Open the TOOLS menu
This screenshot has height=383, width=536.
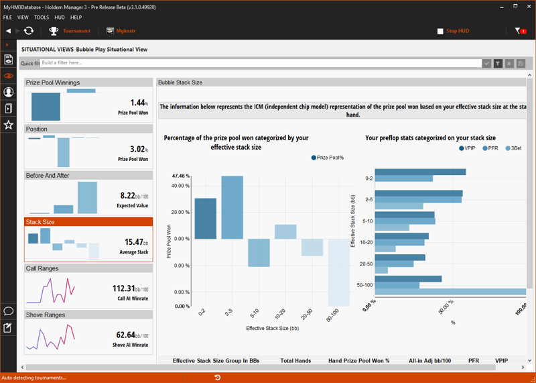click(x=42, y=17)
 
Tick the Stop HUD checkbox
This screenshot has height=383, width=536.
click(x=440, y=31)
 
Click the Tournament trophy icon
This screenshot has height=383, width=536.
click(x=54, y=31)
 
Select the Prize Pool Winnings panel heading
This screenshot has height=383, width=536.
click(x=53, y=83)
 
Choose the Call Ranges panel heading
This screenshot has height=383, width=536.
click(x=42, y=268)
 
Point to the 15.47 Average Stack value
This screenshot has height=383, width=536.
click(x=137, y=241)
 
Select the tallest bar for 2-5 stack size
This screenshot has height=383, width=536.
click(x=232, y=207)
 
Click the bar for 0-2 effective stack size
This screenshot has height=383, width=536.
click(x=206, y=219)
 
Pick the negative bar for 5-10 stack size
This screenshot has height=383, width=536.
click(x=258, y=253)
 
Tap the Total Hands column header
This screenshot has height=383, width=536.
click(x=295, y=361)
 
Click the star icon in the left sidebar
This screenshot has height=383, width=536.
click(x=9, y=125)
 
